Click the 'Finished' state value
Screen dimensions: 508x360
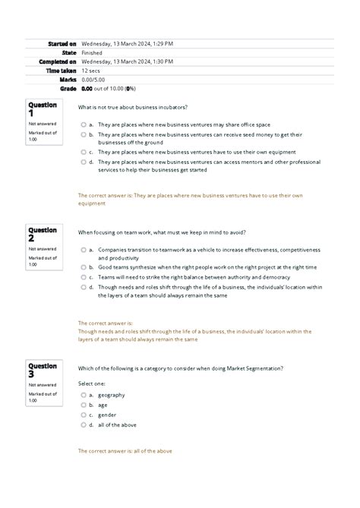point(92,53)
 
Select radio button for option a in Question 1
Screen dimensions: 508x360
point(82,125)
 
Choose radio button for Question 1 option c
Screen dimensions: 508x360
point(82,152)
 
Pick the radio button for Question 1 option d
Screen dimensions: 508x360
point(82,162)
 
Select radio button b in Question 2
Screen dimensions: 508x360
point(82,267)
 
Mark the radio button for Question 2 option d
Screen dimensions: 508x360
point(82,287)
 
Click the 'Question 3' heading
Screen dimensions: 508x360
point(42,370)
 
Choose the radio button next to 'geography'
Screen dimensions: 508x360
point(82,395)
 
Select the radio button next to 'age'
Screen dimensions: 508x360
point(82,405)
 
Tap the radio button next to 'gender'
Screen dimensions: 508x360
point(82,415)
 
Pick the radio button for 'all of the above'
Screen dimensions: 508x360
point(82,425)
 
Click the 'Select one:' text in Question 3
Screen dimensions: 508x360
point(93,382)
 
